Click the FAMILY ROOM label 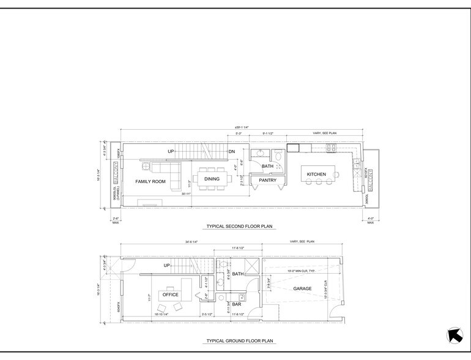[150, 182]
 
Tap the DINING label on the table [212, 179]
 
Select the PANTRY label [269, 180]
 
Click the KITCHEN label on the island [317, 175]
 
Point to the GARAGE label [303, 288]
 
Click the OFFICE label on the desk [169, 295]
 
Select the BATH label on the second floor [267, 166]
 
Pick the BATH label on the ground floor [238, 274]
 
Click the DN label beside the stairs [232, 151]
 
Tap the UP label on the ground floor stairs [166, 266]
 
